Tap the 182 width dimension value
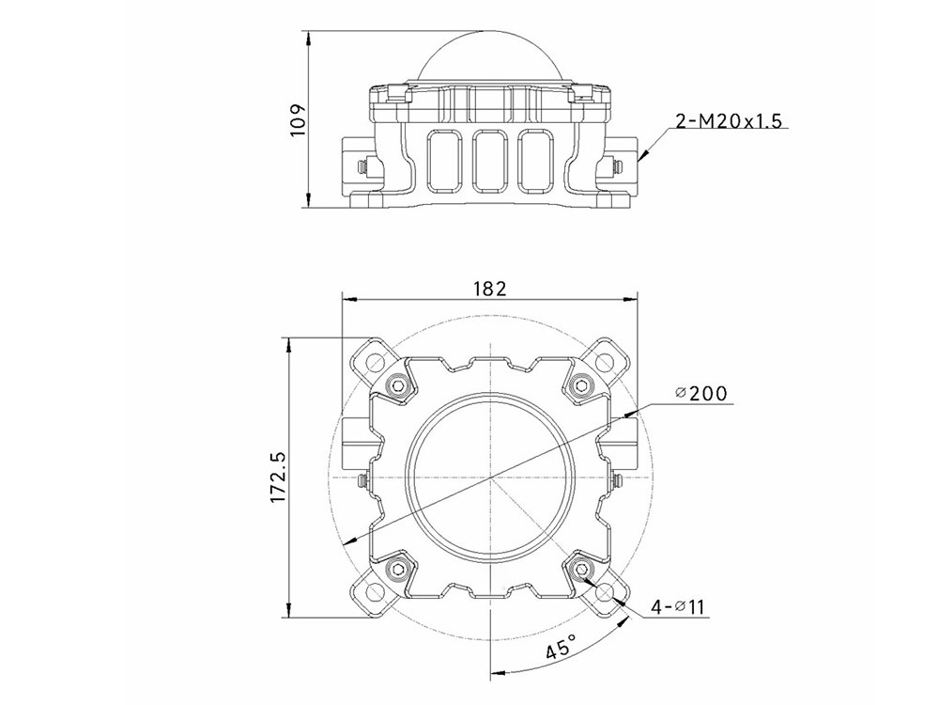coord(489,289)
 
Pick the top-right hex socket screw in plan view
coord(581,386)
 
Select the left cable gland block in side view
coord(360,164)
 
